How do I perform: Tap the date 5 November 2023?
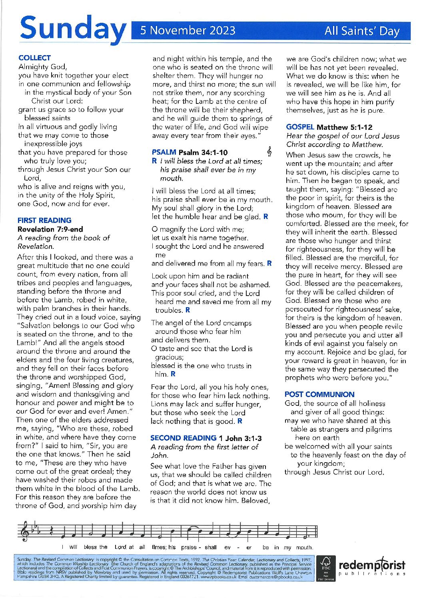click(188, 31)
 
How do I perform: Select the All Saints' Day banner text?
click(362, 31)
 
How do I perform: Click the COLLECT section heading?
click(35, 58)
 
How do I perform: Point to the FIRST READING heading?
click(44, 220)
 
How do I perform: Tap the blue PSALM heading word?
click(164, 152)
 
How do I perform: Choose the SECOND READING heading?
click(183, 438)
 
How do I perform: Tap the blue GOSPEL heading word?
click(300, 127)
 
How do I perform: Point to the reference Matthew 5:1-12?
click(345, 127)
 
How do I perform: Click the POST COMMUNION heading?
click(319, 394)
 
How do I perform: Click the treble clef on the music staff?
click(26, 532)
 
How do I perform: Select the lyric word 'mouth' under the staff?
click(304, 547)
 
